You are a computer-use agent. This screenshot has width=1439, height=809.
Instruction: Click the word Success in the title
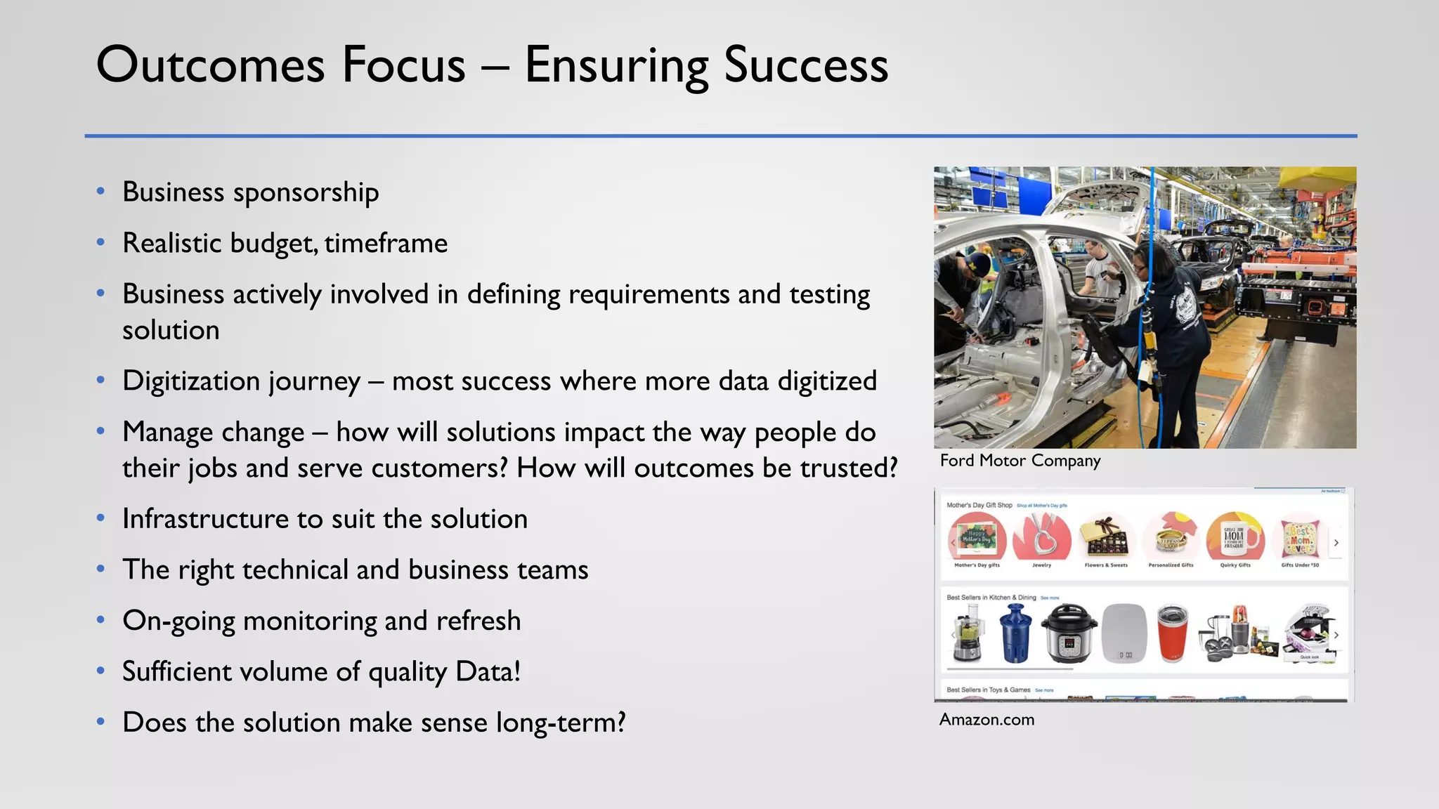[x=806, y=65]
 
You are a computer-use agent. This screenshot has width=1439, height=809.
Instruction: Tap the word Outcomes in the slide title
[x=210, y=65]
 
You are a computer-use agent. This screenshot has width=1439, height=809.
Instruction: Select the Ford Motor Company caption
[x=1020, y=461]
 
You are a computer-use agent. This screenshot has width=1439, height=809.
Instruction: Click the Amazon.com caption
[x=987, y=719]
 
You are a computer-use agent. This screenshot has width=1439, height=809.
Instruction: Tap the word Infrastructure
[x=204, y=519]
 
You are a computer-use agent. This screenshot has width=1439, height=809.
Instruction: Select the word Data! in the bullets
[x=488, y=671]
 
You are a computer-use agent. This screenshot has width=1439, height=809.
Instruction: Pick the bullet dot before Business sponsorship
[x=101, y=191]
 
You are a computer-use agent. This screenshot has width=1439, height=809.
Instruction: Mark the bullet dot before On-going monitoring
[x=101, y=620]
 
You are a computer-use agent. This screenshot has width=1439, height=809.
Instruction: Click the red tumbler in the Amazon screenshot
[x=1173, y=633]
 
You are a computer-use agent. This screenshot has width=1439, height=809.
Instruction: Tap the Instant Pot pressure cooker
[x=1069, y=633]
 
